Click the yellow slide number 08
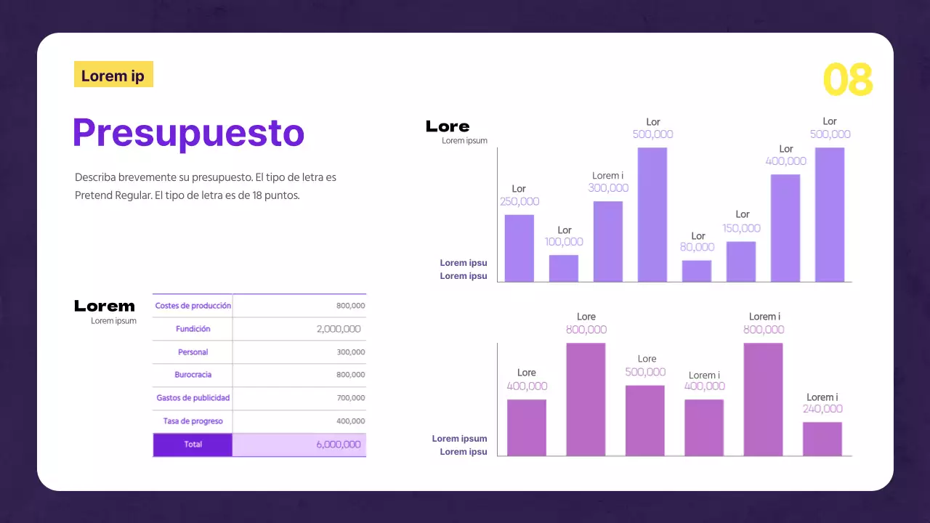(847, 80)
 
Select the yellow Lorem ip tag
(113, 75)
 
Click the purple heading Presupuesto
(188, 132)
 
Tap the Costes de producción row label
(193, 306)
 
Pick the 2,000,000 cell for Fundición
(338, 329)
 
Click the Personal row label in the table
(193, 352)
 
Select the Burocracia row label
(193, 375)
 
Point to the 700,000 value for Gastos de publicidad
(350, 398)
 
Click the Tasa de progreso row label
(193, 421)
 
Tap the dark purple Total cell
(193, 445)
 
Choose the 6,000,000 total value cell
(338, 445)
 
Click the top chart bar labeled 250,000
(519, 248)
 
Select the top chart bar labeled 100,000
(563, 268)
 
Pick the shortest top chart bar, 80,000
(696, 271)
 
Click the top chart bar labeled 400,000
(785, 227)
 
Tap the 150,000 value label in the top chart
(741, 228)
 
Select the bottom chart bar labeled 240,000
(822, 439)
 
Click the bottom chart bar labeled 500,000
(644, 420)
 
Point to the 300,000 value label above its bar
(607, 188)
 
